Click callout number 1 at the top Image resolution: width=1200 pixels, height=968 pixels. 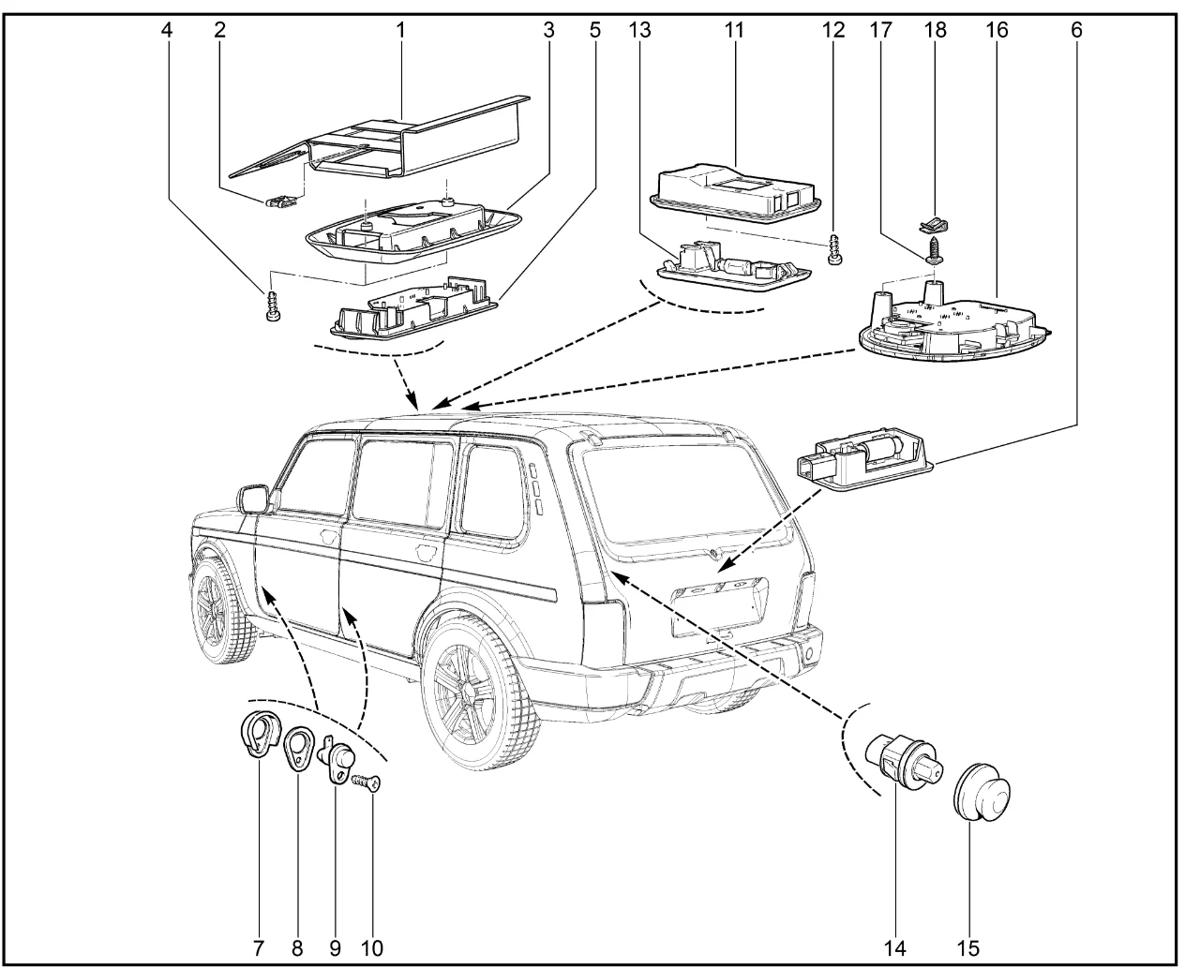pyautogui.click(x=400, y=29)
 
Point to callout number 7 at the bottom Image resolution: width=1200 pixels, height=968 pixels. pyautogui.click(x=258, y=947)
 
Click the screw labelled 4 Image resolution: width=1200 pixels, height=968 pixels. pyautogui.click(x=273, y=306)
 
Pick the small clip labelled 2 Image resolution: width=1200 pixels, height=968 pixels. pyautogui.click(x=281, y=199)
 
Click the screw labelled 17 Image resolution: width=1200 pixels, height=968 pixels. pyautogui.click(x=935, y=249)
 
